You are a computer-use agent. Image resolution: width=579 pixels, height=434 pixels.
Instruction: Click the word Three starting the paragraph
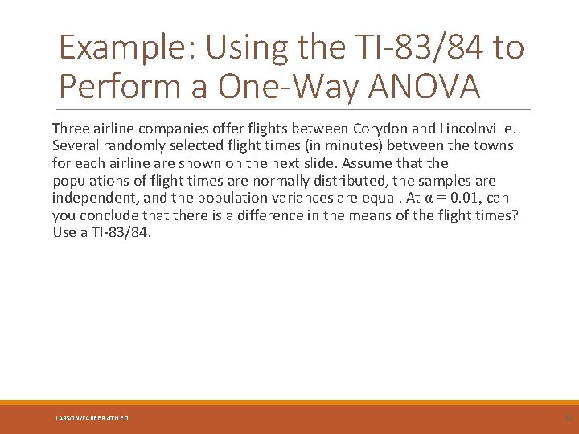[71, 129]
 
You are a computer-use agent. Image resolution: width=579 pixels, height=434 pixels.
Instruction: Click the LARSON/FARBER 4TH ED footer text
[92, 418]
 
